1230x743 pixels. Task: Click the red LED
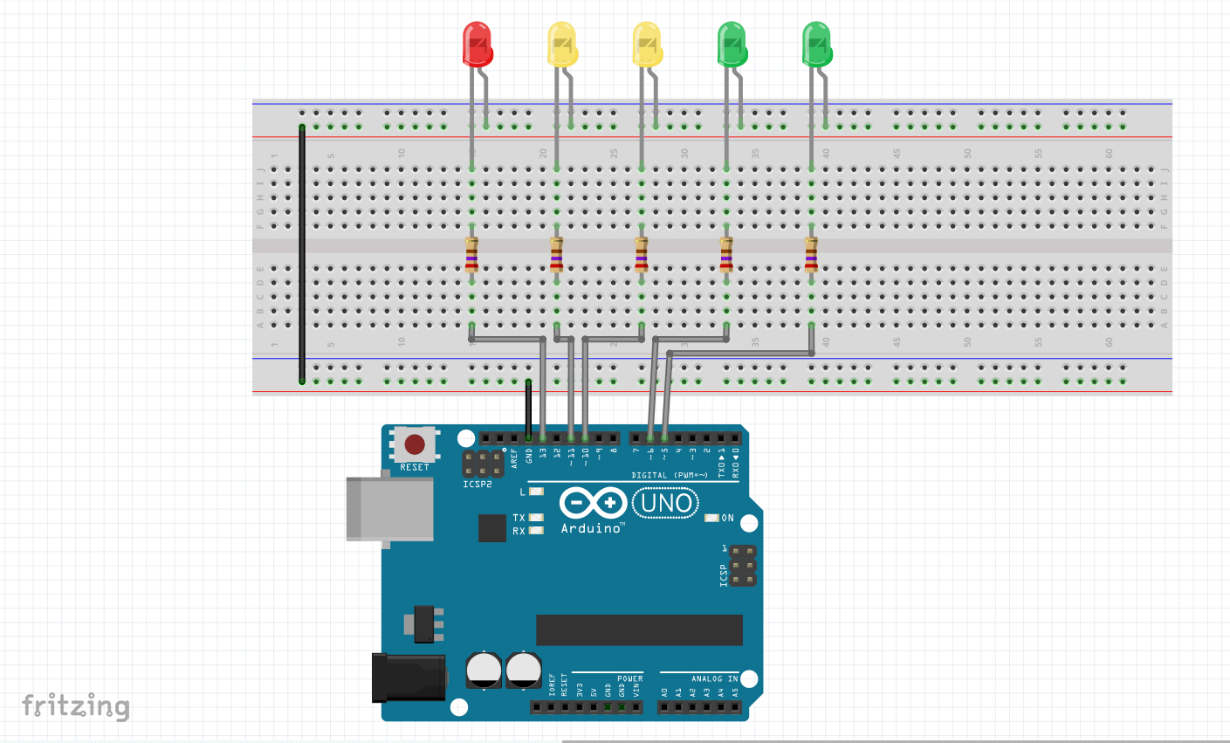tap(477, 45)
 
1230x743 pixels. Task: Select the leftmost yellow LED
tap(562, 45)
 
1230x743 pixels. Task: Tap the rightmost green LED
tap(817, 45)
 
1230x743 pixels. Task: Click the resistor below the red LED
tap(471, 255)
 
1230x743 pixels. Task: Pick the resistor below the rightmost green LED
tap(811, 255)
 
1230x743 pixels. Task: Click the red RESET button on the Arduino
tap(415, 445)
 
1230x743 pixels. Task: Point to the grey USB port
tap(390, 508)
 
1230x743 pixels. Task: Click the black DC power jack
tap(409, 678)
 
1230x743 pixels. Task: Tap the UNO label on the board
tap(666, 503)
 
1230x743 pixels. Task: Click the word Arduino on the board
tap(591, 528)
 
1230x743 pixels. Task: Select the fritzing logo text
tap(76, 705)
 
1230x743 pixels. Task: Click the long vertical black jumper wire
tap(302, 253)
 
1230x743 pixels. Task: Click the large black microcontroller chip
tap(639, 629)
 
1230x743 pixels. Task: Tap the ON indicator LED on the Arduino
tap(711, 518)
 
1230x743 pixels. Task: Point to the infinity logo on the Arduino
tap(593, 503)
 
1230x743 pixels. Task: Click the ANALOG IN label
tap(714, 678)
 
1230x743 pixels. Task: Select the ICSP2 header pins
tap(483, 463)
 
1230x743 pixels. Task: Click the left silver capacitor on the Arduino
tap(484, 670)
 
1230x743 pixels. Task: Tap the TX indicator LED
tap(536, 518)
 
